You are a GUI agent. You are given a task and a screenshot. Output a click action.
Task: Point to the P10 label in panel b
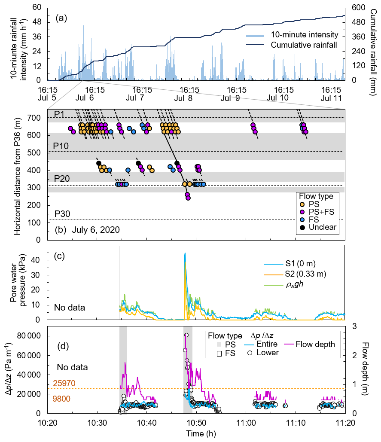(61, 146)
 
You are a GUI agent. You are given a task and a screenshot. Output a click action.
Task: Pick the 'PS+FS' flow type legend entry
(317, 212)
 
